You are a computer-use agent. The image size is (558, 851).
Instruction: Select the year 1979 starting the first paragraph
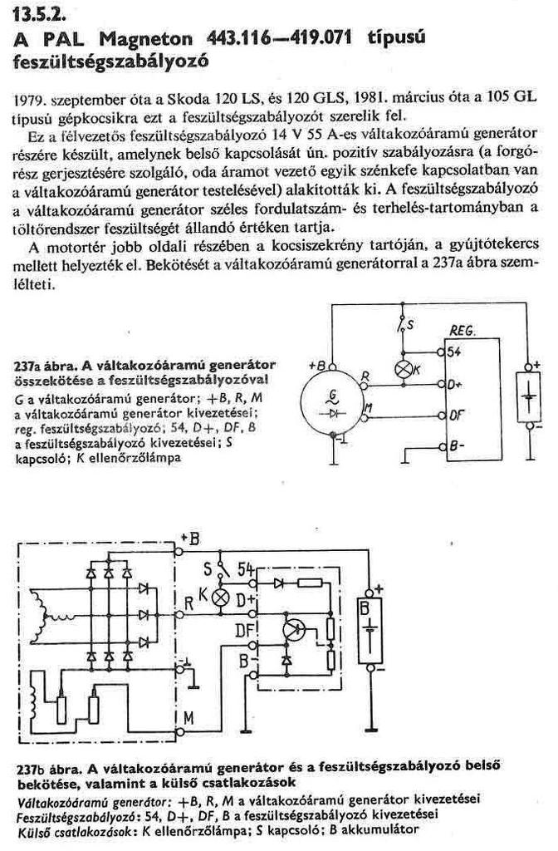(x=32, y=99)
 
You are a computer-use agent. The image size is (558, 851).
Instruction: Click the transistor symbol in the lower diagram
(x=291, y=629)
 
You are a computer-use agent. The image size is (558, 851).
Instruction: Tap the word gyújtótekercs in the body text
(x=499, y=242)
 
